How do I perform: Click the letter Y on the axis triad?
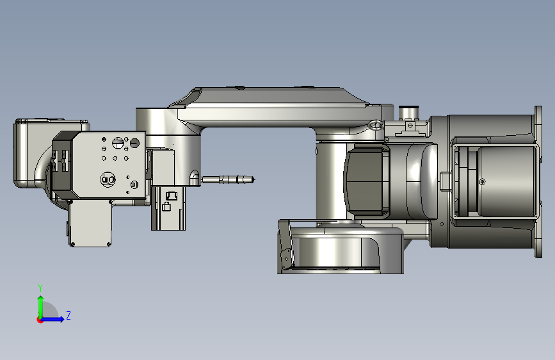click(x=40, y=288)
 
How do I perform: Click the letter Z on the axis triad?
click(x=68, y=315)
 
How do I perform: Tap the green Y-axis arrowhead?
click(x=41, y=299)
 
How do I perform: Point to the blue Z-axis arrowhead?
click(x=61, y=319)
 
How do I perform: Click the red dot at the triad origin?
click(x=40, y=320)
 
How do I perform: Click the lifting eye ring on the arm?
click(x=376, y=125)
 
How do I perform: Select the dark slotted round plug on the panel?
click(x=134, y=143)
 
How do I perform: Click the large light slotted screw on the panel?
click(x=118, y=143)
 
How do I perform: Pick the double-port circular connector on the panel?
click(x=108, y=179)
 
